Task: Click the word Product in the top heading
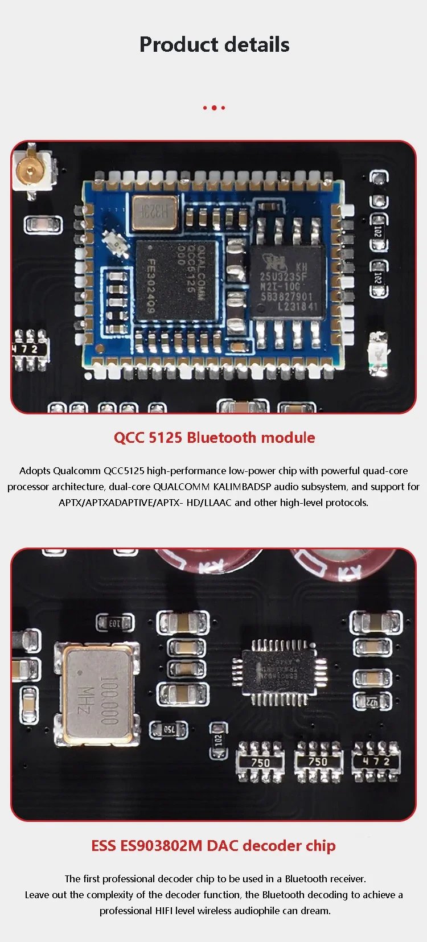(x=175, y=45)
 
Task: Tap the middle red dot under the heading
(x=213, y=108)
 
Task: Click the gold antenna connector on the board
(x=29, y=169)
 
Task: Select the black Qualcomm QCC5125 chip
(x=176, y=279)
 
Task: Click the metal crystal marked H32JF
(x=154, y=212)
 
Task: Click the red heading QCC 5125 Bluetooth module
(x=214, y=438)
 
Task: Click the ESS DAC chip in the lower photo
(x=278, y=672)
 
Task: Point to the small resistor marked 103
(x=115, y=623)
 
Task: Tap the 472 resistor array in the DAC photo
(x=376, y=762)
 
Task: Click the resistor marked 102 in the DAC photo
(x=219, y=740)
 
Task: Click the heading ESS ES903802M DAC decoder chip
(x=213, y=846)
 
